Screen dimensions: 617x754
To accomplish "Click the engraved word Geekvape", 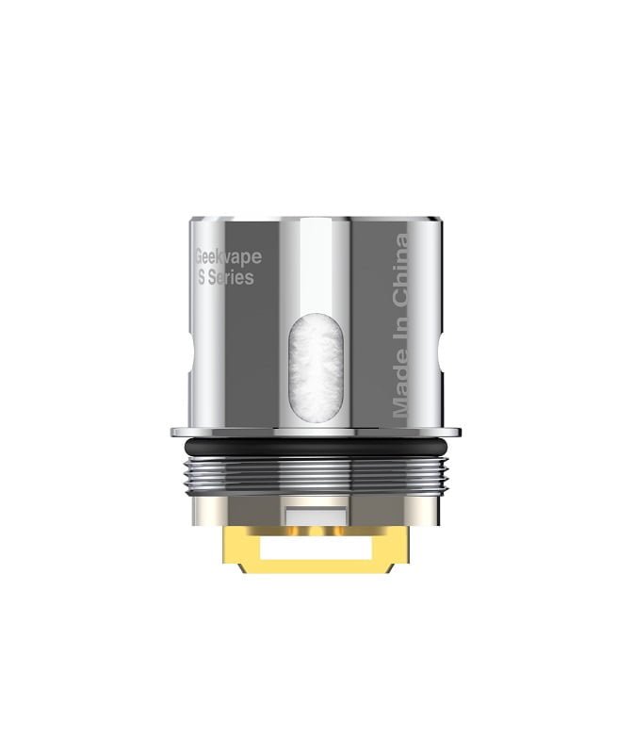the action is (229, 255).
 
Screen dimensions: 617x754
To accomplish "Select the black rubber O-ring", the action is (316, 446).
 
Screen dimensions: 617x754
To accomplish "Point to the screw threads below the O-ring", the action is (316, 476).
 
